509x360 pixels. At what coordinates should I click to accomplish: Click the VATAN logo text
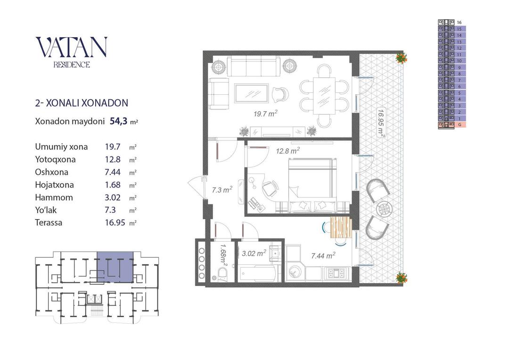coord(72,47)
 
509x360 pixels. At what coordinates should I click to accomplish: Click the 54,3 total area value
coord(118,122)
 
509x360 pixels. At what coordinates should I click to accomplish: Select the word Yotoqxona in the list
coord(55,159)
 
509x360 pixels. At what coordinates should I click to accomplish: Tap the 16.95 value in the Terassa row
coord(115,223)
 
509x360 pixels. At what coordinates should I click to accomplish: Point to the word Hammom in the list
coord(54,197)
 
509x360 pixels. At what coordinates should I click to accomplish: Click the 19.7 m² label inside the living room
coord(265,114)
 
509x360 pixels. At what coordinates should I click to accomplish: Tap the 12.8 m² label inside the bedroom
coord(287,151)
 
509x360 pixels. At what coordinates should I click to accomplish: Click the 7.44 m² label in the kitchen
coord(323,256)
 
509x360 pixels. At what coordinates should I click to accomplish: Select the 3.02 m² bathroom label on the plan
coord(254,253)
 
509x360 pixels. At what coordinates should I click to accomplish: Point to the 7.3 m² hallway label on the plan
coord(222,189)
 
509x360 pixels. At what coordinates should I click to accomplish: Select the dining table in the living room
coord(324,95)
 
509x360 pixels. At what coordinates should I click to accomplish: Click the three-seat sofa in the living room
coord(254,66)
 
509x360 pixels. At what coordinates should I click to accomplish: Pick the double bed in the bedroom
coord(312,185)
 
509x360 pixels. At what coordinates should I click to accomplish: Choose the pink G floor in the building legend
coord(452,125)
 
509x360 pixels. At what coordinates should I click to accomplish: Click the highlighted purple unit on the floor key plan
coord(115,267)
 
